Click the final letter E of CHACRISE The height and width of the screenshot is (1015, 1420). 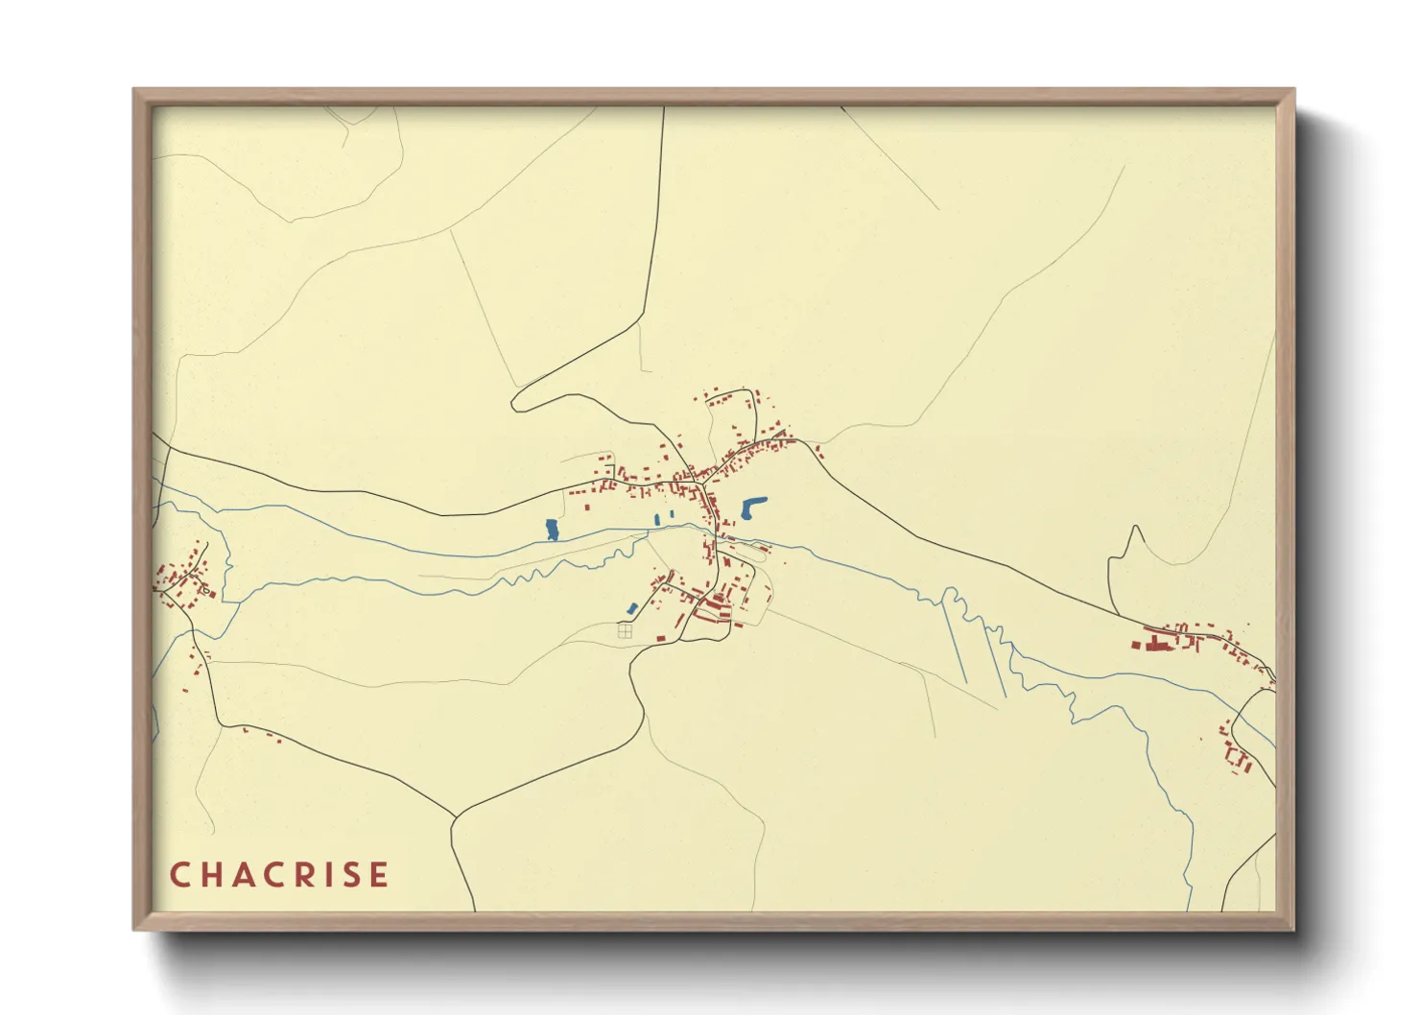point(381,875)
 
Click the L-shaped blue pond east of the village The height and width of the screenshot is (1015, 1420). point(752,507)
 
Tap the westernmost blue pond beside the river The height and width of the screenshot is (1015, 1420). point(552,530)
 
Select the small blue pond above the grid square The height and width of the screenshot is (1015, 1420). point(632,608)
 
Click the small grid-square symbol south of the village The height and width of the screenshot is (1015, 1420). point(625,631)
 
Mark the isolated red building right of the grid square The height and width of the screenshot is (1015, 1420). point(660,637)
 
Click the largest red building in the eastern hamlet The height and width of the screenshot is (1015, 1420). point(1156,646)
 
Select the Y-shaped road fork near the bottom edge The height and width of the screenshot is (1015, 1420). point(454,818)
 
